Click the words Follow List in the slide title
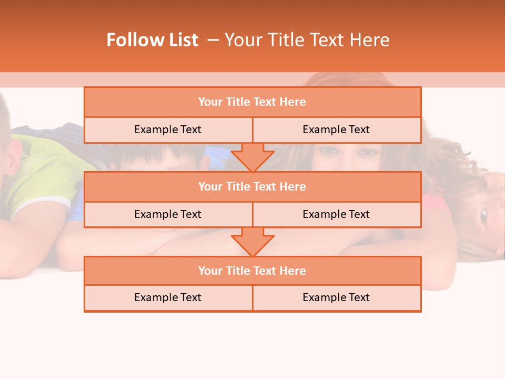(x=152, y=40)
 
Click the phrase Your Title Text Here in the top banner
(x=307, y=40)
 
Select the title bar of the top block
(x=252, y=102)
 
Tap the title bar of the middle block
(x=252, y=186)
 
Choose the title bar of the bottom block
(x=252, y=271)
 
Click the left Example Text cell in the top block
(x=168, y=129)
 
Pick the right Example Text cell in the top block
(x=336, y=129)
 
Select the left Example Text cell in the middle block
(x=168, y=214)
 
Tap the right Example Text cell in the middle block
(x=336, y=214)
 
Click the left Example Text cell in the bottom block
(x=168, y=297)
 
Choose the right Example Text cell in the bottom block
(x=336, y=297)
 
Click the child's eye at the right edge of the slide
(x=483, y=214)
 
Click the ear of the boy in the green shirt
(x=15, y=158)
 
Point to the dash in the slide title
(x=213, y=40)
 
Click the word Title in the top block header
(x=238, y=102)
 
